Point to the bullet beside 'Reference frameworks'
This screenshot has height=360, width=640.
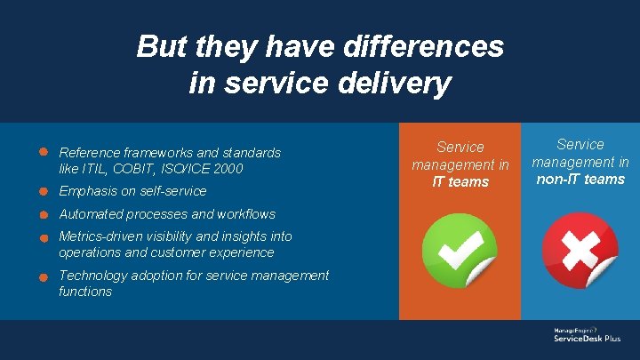pos(43,152)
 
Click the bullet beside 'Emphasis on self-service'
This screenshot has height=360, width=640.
pos(43,191)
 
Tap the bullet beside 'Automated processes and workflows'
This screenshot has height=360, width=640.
pos(43,214)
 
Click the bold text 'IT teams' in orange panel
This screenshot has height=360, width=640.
pos(460,182)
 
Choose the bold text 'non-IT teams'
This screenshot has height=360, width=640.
pos(580,180)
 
